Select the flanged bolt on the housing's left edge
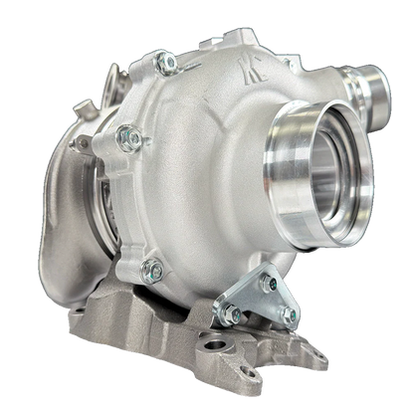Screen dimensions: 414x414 [x=125, y=134]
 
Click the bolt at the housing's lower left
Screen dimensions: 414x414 [x=150, y=267]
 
